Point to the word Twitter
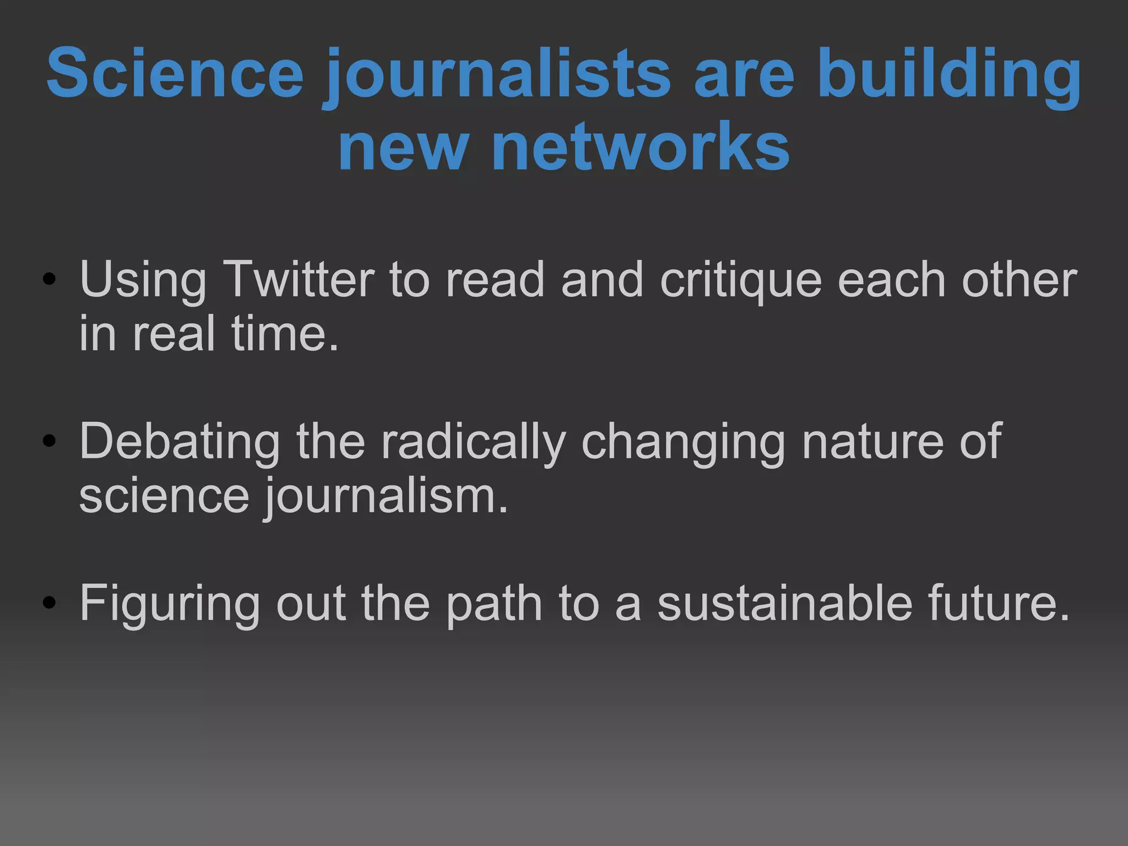click(299, 279)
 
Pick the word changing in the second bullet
click(683, 441)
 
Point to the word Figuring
click(170, 604)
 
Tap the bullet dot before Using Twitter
click(50, 280)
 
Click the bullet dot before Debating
click(50, 441)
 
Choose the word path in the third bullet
click(494, 604)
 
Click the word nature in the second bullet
click(873, 441)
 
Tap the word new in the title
click(404, 147)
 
